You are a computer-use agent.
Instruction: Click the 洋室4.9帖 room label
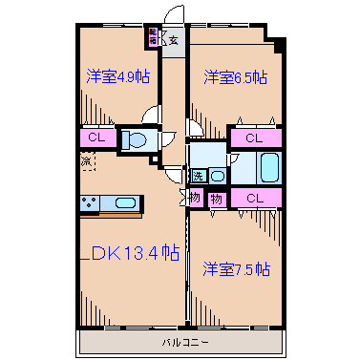(x=117, y=76)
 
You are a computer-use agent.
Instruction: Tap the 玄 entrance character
(x=174, y=39)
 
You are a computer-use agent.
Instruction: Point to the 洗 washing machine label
(x=198, y=176)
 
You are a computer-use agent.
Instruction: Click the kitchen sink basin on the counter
(x=126, y=202)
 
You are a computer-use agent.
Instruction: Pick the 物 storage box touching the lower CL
(x=217, y=199)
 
